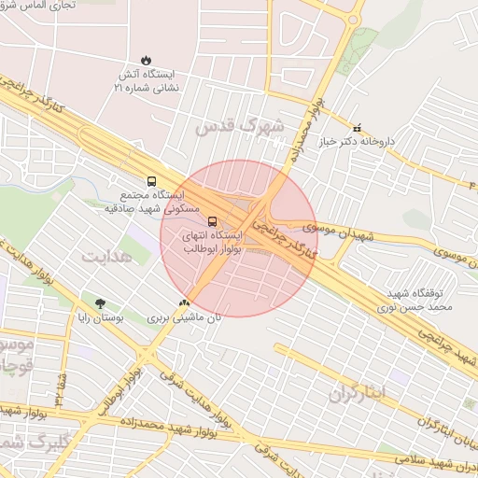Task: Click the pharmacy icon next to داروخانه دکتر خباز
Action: click(x=355, y=127)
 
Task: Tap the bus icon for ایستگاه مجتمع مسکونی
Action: click(x=151, y=181)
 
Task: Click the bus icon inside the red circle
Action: click(x=212, y=222)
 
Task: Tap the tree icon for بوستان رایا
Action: click(x=100, y=303)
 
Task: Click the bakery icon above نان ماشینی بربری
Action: click(x=184, y=302)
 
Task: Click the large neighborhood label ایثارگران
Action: click(x=357, y=393)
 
